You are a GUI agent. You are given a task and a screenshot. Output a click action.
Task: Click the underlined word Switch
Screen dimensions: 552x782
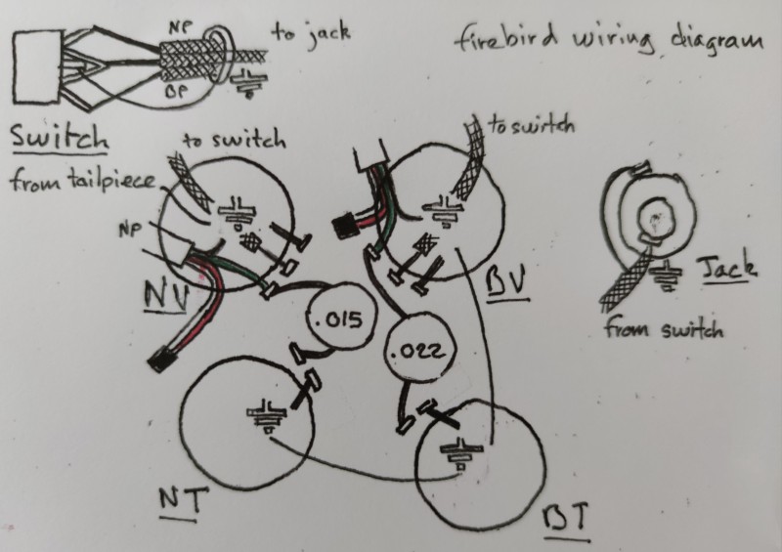point(58,138)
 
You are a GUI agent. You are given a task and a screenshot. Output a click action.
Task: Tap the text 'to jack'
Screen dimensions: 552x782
point(310,33)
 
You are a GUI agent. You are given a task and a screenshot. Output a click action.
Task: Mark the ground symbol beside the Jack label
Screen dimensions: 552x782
point(666,278)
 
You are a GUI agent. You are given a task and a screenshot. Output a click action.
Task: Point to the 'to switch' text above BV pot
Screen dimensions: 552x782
point(530,126)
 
